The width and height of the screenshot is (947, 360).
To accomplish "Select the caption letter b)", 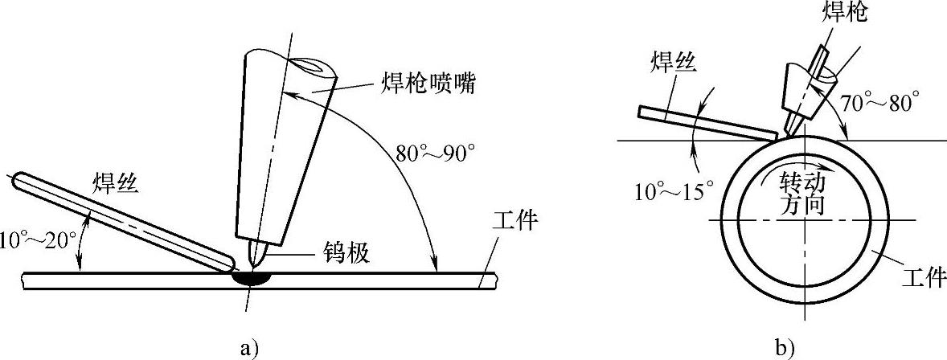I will click(x=784, y=347).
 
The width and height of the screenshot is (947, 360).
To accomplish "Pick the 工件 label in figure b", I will click(x=920, y=279).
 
